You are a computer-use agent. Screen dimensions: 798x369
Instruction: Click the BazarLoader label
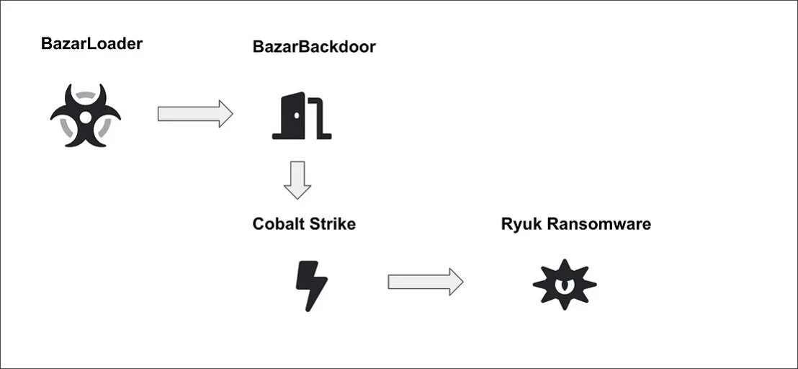91,44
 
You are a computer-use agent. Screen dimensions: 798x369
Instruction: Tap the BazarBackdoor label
314,47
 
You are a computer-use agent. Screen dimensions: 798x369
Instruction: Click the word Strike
331,223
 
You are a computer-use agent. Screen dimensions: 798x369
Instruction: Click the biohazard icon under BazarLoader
86,115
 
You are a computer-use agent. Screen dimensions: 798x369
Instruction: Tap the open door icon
302,115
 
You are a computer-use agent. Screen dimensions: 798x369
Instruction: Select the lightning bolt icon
311,285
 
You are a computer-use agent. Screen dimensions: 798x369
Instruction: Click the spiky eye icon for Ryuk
565,285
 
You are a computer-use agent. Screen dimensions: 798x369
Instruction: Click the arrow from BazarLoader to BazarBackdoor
195,113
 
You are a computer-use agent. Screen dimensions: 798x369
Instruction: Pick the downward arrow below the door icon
297,180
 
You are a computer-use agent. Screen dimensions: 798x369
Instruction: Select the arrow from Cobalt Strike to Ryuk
426,282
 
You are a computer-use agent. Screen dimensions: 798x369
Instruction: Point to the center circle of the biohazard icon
86,117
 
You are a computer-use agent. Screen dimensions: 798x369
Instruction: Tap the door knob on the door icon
297,116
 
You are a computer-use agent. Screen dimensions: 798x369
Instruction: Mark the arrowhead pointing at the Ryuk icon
456,282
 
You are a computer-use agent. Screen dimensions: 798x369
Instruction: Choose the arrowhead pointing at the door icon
225,113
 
